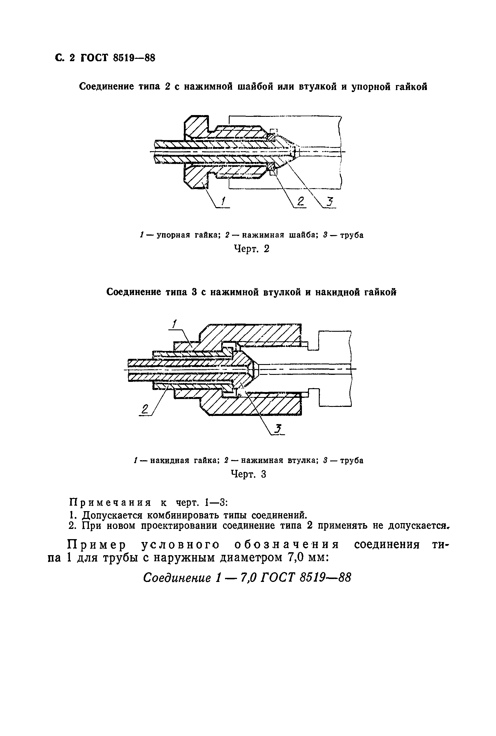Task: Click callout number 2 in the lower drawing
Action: click(x=145, y=409)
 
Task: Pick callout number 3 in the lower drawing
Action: click(x=278, y=429)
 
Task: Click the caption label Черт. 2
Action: click(x=251, y=249)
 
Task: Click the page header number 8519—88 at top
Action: click(x=134, y=58)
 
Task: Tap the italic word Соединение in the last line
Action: click(x=177, y=578)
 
